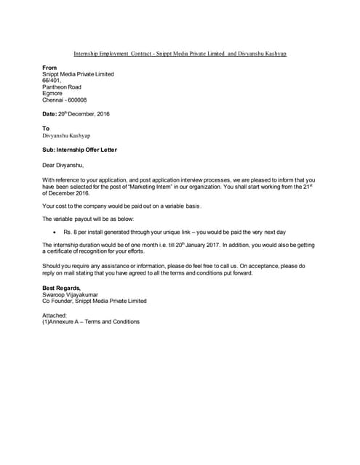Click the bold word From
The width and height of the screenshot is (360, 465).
49,67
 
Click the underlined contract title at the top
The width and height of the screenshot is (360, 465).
180,54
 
